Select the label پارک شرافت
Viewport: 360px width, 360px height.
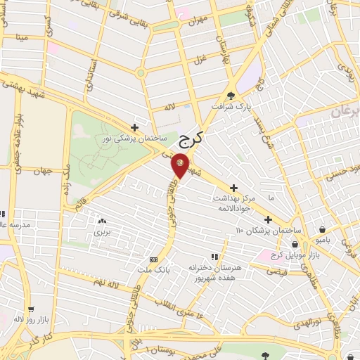tap(233, 107)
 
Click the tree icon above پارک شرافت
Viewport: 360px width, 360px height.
tap(231, 96)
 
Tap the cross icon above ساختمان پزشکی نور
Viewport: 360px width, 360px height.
tap(134, 127)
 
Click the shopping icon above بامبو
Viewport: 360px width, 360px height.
tap(322, 229)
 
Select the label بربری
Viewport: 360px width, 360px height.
tap(103, 231)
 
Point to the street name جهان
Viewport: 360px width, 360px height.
tap(44, 171)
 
